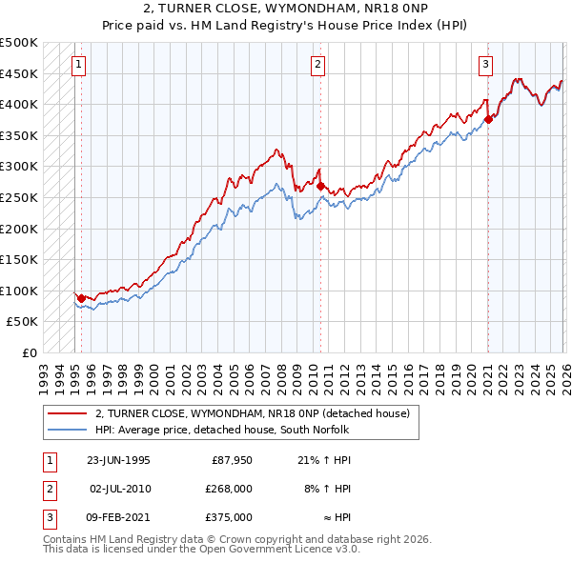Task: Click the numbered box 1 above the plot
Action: pos(77,65)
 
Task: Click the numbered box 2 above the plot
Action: pos(317,65)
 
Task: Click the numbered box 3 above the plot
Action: pos(485,65)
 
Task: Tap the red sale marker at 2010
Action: pos(320,187)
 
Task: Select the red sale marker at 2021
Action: pos(488,119)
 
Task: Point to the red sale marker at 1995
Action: pos(81,298)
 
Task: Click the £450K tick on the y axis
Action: pos(19,73)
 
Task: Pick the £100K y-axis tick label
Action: pos(19,291)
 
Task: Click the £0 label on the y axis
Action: pos(29,352)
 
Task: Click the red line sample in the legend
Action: pos(68,413)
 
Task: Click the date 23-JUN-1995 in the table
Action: pos(118,459)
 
